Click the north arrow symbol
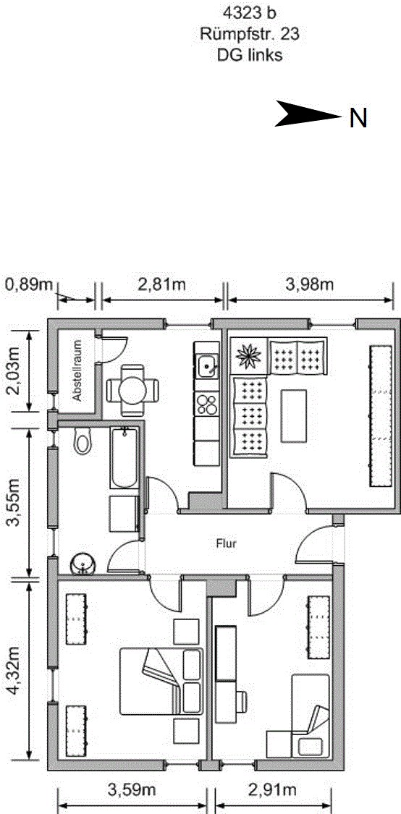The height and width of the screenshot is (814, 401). (x=306, y=114)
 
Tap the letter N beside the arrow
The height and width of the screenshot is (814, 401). (x=358, y=119)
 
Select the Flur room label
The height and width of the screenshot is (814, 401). (x=227, y=545)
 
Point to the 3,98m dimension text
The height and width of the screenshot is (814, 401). (x=311, y=284)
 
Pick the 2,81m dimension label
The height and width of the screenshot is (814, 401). (x=163, y=284)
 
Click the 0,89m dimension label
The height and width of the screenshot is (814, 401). (x=30, y=284)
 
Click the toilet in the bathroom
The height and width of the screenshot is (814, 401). (x=82, y=441)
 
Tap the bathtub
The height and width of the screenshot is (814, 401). (x=124, y=458)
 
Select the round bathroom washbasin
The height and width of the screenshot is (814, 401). (x=82, y=564)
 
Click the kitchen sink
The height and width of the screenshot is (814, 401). (x=208, y=367)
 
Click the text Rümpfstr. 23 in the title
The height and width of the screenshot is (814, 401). (x=250, y=35)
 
